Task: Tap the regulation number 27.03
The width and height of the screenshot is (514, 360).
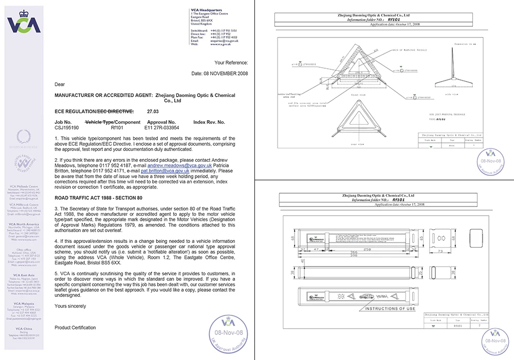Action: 153,111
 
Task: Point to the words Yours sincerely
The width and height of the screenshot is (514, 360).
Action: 70,306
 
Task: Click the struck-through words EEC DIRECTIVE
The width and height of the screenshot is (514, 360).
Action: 116,111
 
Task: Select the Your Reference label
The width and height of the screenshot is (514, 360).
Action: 231,62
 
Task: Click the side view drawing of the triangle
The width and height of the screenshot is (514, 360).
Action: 455,72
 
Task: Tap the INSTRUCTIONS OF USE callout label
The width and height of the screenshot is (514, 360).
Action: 390,309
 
